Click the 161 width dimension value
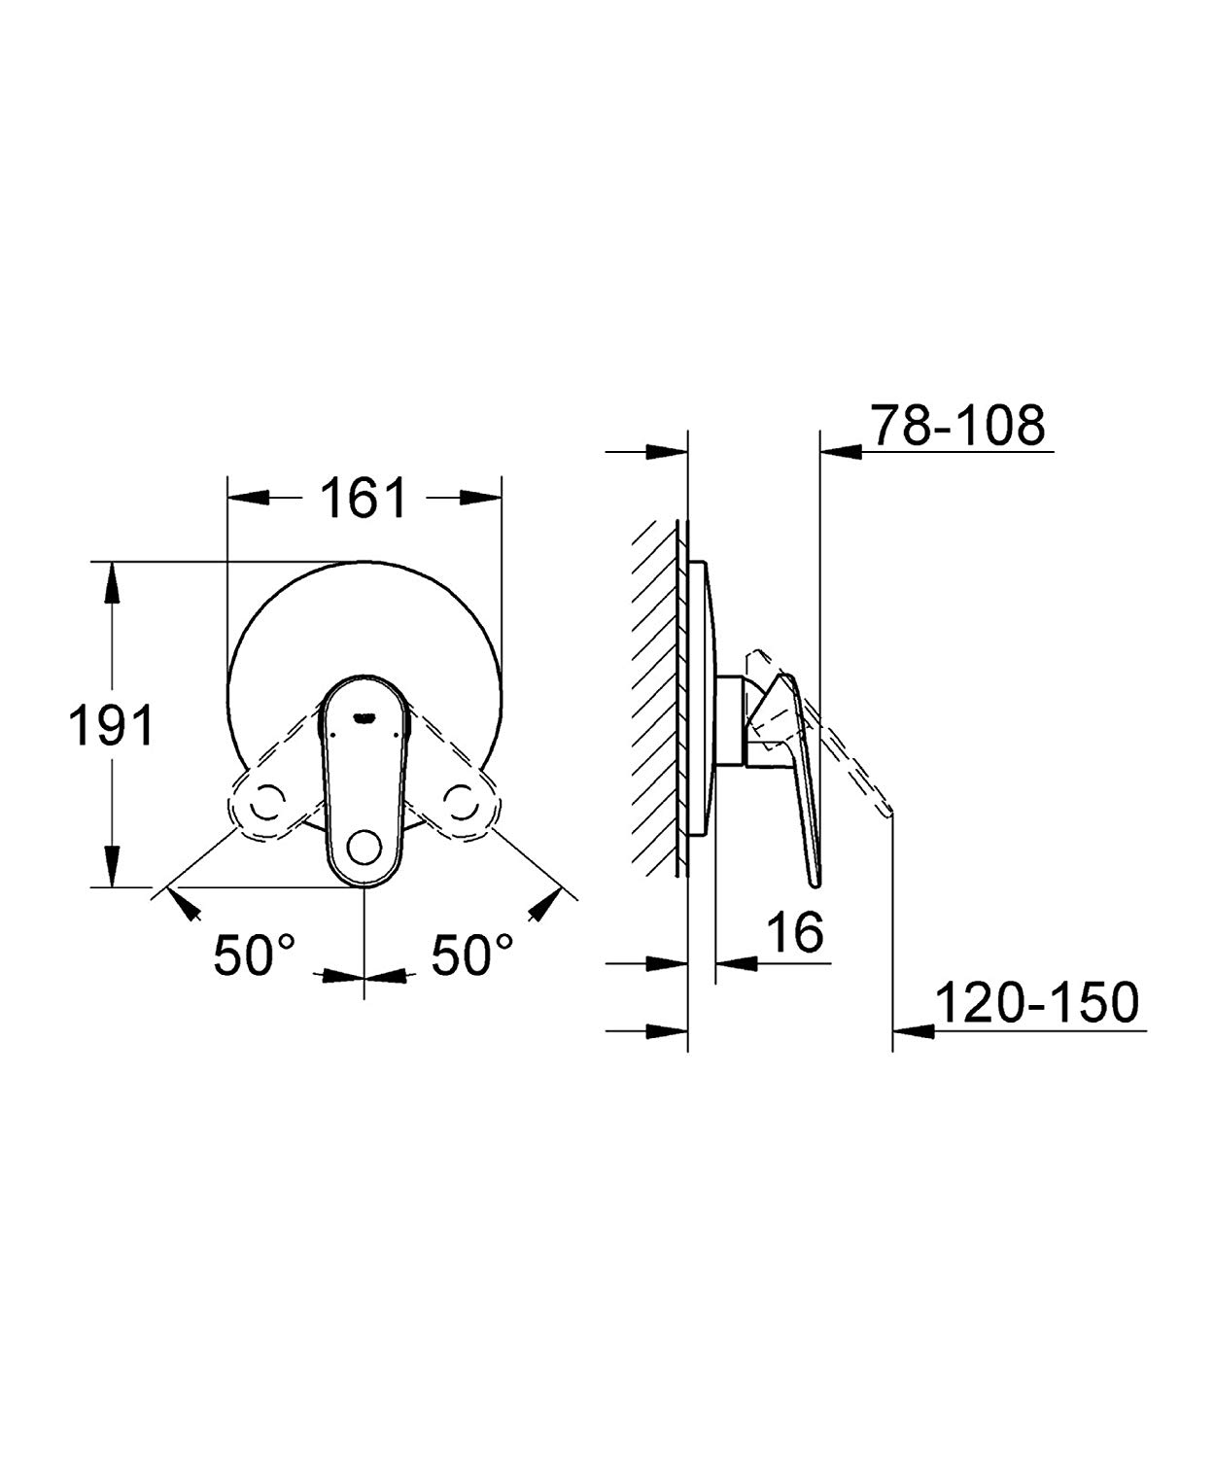tap(363, 499)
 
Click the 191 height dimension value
tap(112, 725)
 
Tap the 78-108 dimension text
tap(957, 425)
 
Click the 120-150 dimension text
tap(1036, 1002)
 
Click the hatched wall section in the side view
tap(656, 698)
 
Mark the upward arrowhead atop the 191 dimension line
tap(112, 583)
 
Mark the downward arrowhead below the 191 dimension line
tap(112, 865)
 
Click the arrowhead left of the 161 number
tap(248, 498)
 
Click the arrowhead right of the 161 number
tap(480, 498)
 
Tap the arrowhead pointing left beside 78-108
tap(841, 449)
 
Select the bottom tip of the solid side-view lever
tap(815, 883)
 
